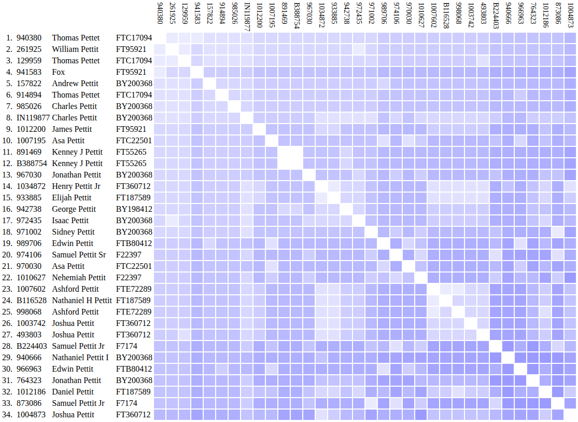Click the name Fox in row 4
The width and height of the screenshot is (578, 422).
coord(58,72)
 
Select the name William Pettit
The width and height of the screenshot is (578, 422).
coord(75,49)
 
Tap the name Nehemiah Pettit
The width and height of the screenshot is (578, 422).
coord(79,278)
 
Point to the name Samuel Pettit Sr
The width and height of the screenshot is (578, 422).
coord(79,255)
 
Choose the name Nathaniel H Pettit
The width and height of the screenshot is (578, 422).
coord(82,301)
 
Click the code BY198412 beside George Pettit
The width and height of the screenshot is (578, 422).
coord(134,209)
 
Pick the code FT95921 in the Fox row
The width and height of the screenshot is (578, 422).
coord(131,72)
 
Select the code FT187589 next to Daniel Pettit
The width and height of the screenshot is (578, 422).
coord(133,392)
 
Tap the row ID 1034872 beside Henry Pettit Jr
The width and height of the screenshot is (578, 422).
coord(32,186)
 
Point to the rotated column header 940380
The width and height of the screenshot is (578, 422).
coord(160,13)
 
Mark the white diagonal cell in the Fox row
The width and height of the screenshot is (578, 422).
coord(198,72)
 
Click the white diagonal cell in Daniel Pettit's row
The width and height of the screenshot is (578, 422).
coord(546,392)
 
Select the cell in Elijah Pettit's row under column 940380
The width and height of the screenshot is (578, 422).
coord(160,198)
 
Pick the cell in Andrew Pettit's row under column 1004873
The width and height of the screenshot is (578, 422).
coord(571,84)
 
